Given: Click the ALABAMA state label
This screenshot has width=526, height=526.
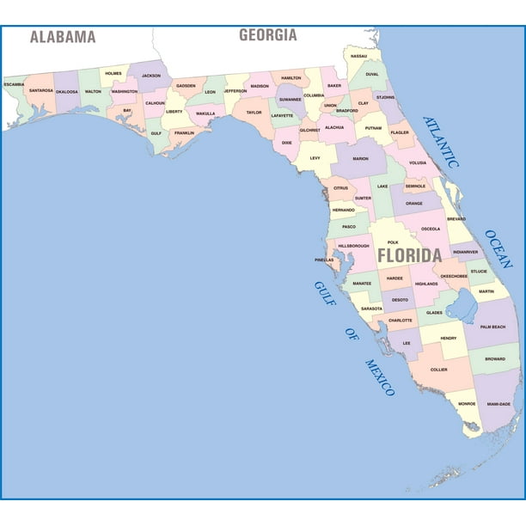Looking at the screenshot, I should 63,36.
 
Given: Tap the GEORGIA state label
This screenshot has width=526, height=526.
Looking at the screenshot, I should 267,35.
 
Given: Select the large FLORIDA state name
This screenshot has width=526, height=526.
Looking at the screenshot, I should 409,255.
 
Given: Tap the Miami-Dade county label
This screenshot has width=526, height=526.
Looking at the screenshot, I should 498,403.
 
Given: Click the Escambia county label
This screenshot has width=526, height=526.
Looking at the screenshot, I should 14,84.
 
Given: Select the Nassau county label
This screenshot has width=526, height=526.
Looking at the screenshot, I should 358,56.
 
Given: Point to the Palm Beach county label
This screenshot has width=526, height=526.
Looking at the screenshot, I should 493,327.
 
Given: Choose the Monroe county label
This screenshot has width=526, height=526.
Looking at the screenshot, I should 467,403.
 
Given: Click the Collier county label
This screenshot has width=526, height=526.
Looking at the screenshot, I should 439,370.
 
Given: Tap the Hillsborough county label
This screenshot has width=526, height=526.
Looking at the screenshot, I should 353,246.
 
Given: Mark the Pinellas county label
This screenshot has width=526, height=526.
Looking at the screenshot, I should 324,259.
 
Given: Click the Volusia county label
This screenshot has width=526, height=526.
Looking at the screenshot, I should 418,162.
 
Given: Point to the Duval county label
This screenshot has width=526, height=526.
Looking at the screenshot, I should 371,74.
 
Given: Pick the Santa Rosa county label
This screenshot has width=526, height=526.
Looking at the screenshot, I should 40,89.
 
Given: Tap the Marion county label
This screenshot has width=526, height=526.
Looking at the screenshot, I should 360,159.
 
